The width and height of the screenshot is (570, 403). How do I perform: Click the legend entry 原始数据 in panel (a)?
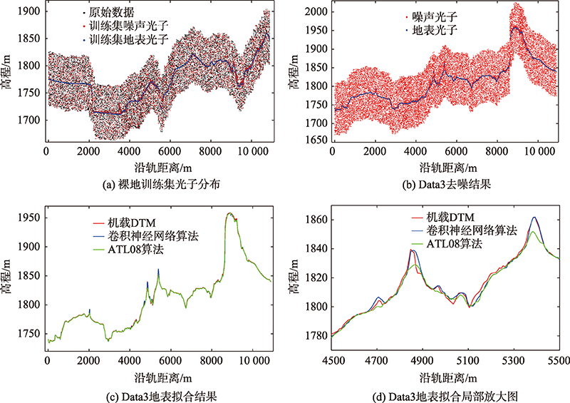click(112, 13)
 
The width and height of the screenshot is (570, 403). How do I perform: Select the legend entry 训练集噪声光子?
click(129, 26)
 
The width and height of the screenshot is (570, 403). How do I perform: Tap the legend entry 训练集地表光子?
click(129, 39)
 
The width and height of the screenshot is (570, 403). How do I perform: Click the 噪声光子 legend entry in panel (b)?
click(435, 16)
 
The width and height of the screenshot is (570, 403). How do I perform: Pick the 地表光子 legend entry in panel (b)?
click(435, 30)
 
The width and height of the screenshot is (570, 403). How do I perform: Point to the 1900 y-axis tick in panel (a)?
click(28, 11)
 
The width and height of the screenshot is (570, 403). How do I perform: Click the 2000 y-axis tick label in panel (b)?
click(316, 11)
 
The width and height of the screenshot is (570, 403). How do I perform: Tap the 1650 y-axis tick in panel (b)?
click(316, 140)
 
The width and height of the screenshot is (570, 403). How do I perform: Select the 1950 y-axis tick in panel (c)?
click(28, 218)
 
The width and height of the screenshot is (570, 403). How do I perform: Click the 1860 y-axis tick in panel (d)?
click(316, 220)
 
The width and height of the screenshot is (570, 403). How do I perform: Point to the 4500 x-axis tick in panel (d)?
click(333, 361)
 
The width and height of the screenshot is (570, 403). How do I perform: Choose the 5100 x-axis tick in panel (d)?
click(468, 361)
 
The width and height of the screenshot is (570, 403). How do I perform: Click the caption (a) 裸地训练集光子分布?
click(162, 185)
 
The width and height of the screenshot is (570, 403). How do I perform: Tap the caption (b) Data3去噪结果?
click(447, 185)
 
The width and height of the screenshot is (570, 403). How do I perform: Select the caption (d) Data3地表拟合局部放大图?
click(446, 396)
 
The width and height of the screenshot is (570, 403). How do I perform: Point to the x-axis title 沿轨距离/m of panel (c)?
click(163, 377)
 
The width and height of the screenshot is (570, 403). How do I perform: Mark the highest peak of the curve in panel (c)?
click(229, 213)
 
